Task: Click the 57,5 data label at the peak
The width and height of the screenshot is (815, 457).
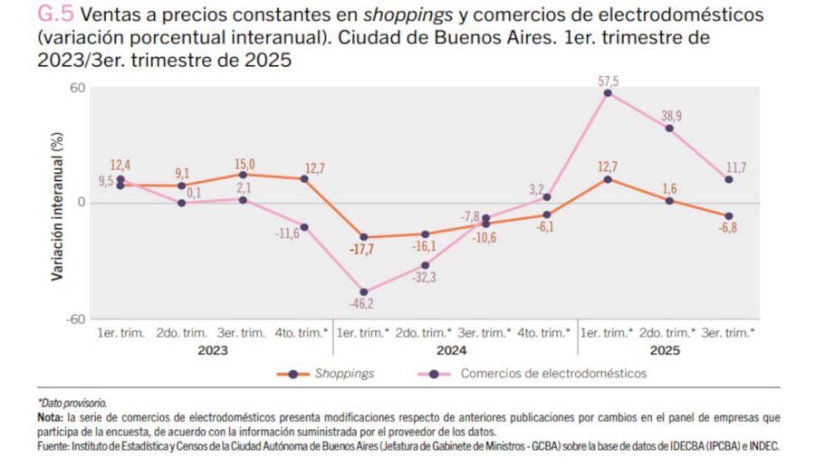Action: click(608, 81)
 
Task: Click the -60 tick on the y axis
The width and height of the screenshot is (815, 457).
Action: click(77, 319)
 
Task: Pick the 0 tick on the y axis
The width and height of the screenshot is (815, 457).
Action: click(81, 203)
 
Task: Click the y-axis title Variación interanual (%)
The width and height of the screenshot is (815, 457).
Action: click(57, 205)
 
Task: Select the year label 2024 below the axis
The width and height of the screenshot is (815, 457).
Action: click(452, 350)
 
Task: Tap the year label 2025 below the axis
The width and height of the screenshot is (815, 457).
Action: click(666, 350)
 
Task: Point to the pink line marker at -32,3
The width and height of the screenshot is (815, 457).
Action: click(424, 265)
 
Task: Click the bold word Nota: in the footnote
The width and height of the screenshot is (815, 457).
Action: click(50, 416)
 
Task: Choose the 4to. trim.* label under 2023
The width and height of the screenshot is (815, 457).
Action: click(302, 332)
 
